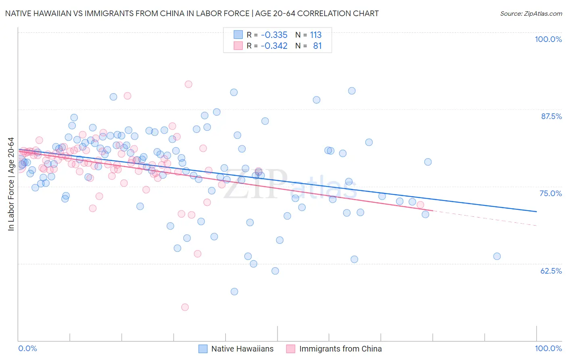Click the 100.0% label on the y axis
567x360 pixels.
pyautogui.click(x=548, y=39)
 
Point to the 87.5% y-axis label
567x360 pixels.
pyautogui.click(x=551, y=116)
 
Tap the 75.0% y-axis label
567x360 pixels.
pyautogui.click(x=551, y=193)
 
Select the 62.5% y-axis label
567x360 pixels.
pyautogui.click(x=551, y=271)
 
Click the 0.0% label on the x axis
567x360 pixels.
pyautogui.click(x=27, y=348)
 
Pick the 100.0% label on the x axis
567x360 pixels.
pyautogui.click(x=548, y=348)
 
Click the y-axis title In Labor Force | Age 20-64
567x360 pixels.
pyautogui.click(x=11, y=184)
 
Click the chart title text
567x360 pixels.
pyautogui.click(x=192, y=13)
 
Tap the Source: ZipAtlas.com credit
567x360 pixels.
pyautogui.click(x=531, y=13)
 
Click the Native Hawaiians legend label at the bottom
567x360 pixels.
pyautogui.click(x=242, y=349)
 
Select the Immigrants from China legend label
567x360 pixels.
pyautogui.click(x=340, y=349)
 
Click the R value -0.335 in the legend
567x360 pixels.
pyautogui.click(x=274, y=35)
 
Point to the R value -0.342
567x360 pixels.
pyautogui.click(x=274, y=46)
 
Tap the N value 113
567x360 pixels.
pyautogui.click(x=316, y=35)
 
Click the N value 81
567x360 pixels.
pyautogui.click(x=317, y=46)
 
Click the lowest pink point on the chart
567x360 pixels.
pyautogui.click(x=185, y=307)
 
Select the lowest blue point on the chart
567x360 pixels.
pyautogui.click(x=234, y=291)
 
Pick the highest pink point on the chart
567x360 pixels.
pyautogui.click(x=188, y=84)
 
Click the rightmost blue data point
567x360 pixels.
pyautogui.click(x=497, y=256)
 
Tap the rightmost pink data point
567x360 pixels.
pyautogui.click(x=420, y=205)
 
